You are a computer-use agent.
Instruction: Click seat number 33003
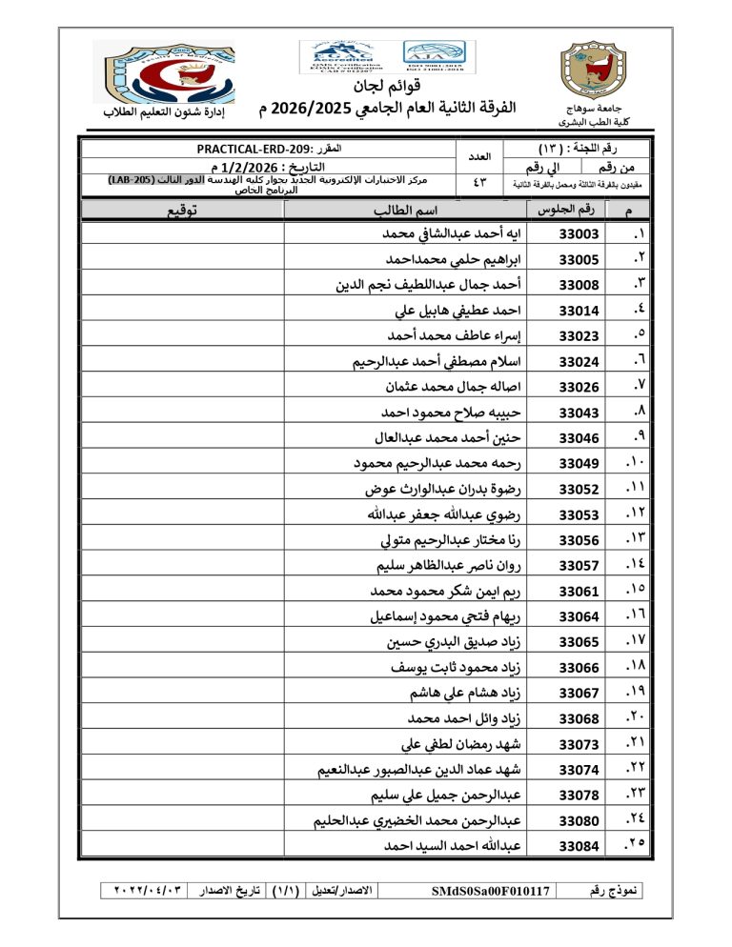(x=578, y=234)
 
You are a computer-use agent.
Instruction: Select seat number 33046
(x=578, y=438)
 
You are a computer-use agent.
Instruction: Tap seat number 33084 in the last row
(x=578, y=845)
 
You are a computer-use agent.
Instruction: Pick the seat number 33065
(x=578, y=642)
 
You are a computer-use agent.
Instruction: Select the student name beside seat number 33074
(x=425, y=769)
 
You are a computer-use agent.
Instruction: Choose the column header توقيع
(x=190, y=211)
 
